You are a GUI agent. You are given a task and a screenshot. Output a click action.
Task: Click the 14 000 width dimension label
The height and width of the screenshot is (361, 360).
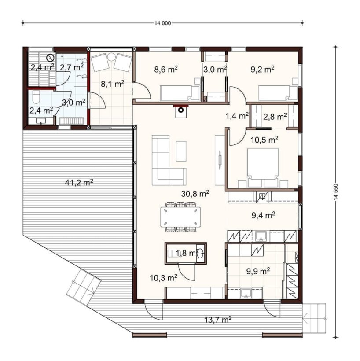[x=163, y=23]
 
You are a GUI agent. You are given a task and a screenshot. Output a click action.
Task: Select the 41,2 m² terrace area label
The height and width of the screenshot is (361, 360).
[x=79, y=183]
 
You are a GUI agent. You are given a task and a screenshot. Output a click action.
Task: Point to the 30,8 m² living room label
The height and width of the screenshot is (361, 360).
[x=195, y=194]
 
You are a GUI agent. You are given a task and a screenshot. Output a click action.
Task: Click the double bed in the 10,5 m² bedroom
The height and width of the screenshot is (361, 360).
[x=263, y=167]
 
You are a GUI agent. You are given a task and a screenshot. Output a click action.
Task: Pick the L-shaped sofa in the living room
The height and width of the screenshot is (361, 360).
[x=169, y=160]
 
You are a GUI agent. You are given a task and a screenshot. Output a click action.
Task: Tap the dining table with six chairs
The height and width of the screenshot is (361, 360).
[x=181, y=217]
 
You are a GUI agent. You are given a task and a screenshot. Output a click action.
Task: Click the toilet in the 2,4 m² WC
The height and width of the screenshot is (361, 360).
[x=37, y=97]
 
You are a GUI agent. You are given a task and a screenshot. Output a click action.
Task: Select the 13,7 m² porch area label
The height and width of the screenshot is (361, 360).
[x=218, y=320]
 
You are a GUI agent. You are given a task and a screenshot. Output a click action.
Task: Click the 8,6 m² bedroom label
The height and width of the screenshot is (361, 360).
[x=166, y=69]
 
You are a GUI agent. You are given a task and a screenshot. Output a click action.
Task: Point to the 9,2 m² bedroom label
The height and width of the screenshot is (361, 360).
[x=262, y=69]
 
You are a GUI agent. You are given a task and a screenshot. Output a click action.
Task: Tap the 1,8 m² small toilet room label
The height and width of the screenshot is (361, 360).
[x=186, y=254]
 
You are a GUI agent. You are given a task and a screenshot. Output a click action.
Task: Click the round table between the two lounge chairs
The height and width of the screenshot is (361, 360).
[x=112, y=57]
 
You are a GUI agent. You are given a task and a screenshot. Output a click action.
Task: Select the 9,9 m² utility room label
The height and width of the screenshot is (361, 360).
[x=258, y=271]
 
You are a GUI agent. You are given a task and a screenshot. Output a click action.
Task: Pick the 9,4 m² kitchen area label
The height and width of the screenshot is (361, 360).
[x=263, y=215]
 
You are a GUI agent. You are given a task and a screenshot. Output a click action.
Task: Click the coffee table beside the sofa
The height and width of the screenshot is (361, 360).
[x=181, y=151]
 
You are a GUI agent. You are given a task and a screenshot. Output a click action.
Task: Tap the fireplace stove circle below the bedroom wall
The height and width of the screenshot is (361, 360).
[x=181, y=110]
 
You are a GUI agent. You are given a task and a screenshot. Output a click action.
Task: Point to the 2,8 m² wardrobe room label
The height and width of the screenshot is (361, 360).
[x=275, y=117]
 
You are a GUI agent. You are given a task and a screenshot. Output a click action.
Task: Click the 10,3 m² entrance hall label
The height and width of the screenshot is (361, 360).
[x=163, y=278]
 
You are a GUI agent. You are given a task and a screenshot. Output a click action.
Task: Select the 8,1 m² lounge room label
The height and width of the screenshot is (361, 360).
[x=113, y=84]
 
